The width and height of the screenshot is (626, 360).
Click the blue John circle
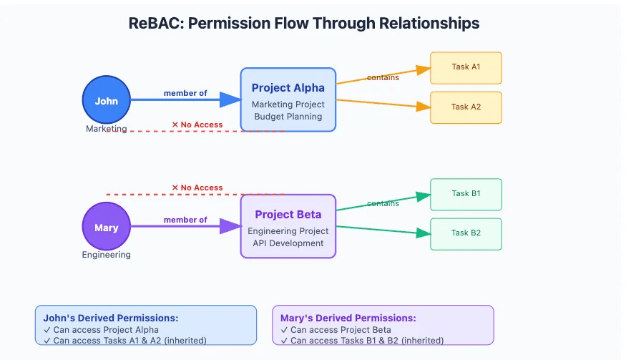click(106, 100)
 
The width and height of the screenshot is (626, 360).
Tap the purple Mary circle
click(106, 227)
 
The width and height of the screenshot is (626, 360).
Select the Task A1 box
click(466, 67)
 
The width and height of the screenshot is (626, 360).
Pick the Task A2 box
click(466, 107)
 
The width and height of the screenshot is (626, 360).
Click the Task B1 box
click(466, 194)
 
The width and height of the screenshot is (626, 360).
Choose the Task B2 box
click(466, 233)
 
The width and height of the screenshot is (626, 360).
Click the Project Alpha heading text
click(288, 88)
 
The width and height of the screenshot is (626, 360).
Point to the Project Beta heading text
click(288, 215)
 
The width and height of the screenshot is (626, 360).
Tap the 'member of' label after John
click(185, 93)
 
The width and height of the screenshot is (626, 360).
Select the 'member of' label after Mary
click(185, 220)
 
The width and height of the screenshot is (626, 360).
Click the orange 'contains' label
click(383, 77)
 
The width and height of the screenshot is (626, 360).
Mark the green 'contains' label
click(383, 203)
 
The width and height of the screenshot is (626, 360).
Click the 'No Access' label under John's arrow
click(197, 125)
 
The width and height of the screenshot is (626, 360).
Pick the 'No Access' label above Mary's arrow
click(197, 188)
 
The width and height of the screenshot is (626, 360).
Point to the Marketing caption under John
click(106, 129)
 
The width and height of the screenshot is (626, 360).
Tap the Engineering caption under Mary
click(106, 255)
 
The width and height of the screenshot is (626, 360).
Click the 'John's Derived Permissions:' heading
click(111, 318)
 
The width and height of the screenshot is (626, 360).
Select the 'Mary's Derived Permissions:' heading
click(348, 318)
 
